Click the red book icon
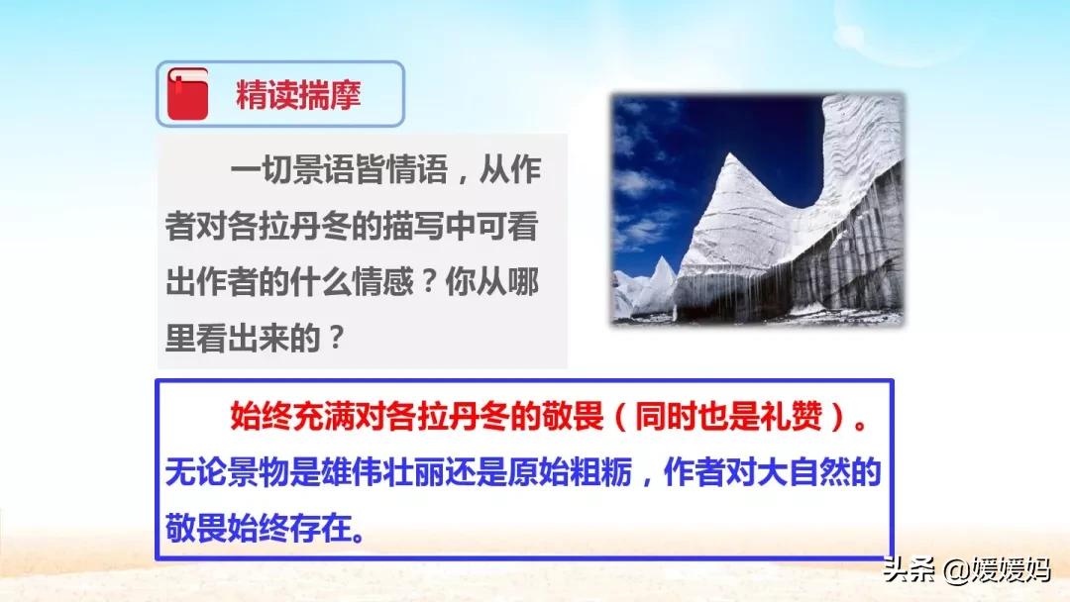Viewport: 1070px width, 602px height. (187, 94)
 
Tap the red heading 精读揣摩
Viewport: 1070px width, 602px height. (298, 95)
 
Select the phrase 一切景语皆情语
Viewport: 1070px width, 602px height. (339, 169)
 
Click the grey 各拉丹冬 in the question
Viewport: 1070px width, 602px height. (288, 226)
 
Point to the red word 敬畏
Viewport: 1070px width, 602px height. (574, 416)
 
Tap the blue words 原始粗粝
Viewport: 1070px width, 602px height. (569, 471)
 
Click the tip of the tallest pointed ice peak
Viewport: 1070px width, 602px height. (731, 154)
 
